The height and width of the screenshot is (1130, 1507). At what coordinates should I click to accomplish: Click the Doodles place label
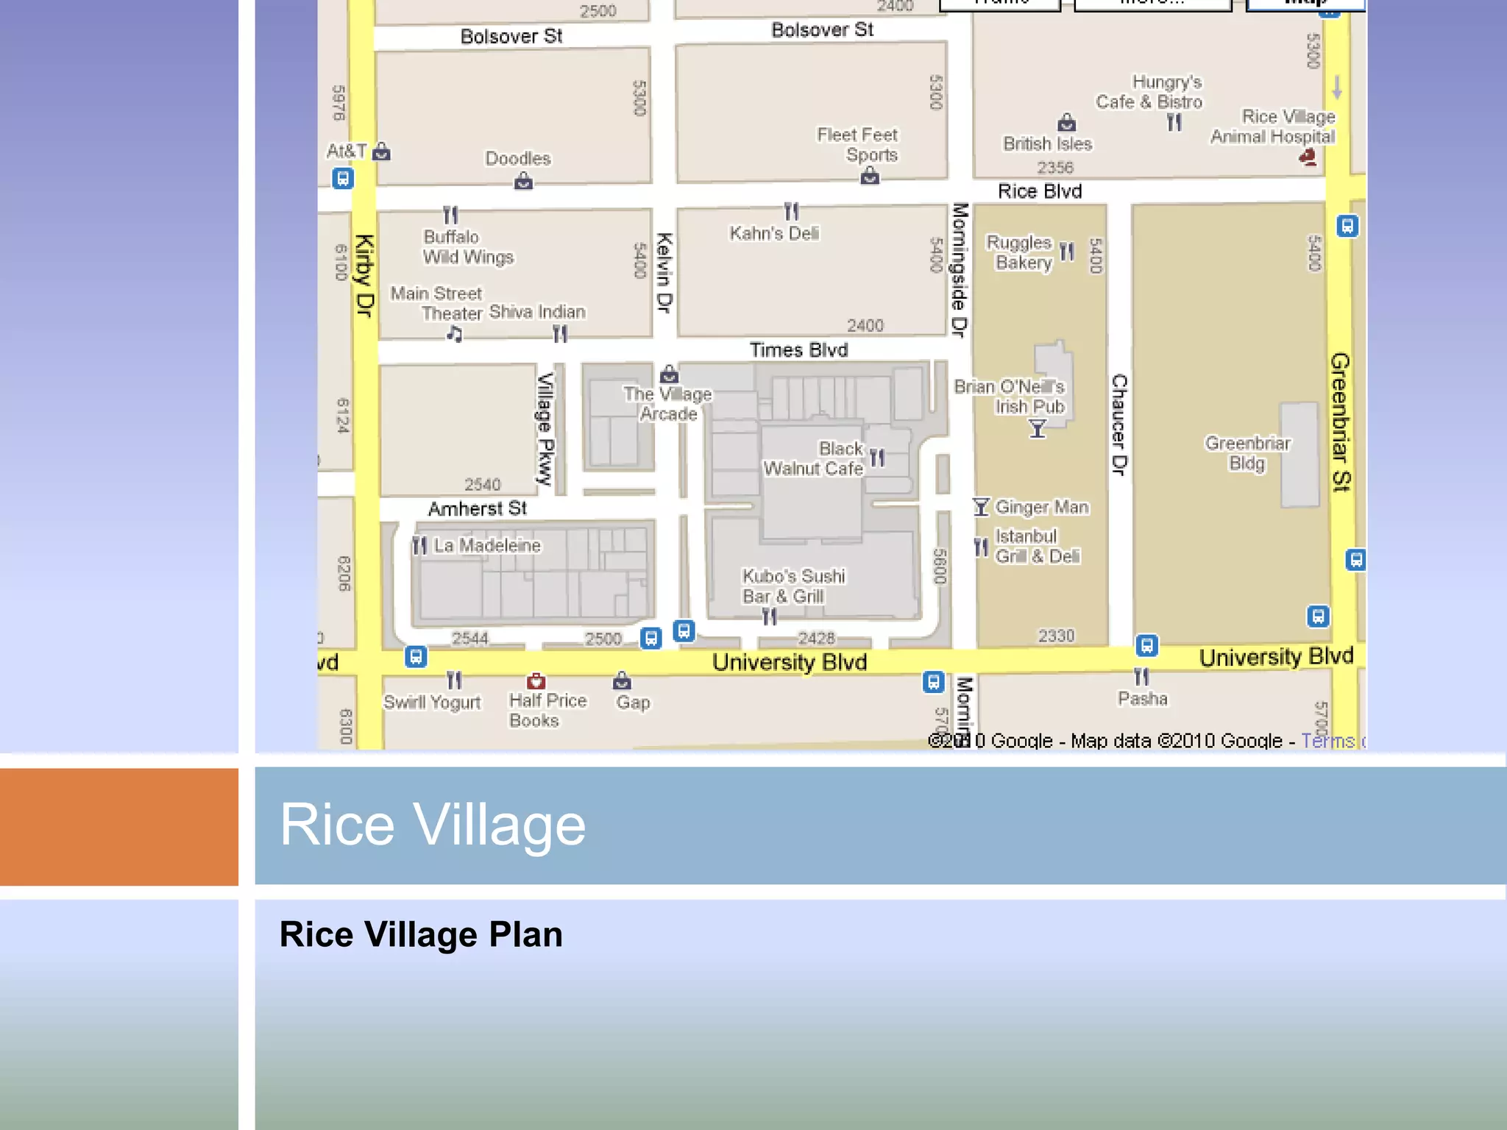point(518,158)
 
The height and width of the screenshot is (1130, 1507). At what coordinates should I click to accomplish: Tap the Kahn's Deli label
point(774,233)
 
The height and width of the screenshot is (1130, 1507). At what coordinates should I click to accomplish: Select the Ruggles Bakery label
point(1021,252)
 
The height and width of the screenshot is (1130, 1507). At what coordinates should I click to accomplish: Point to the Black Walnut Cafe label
point(814,458)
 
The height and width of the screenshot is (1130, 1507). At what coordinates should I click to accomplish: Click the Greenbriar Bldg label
point(1247,453)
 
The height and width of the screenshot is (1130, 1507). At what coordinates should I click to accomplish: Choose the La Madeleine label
point(486,545)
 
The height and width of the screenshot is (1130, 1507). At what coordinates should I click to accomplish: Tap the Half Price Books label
point(547,710)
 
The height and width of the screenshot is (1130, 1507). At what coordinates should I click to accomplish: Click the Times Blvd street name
point(798,350)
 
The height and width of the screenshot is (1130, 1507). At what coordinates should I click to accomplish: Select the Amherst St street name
point(478,508)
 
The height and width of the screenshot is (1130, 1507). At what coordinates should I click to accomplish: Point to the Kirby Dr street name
point(364,276)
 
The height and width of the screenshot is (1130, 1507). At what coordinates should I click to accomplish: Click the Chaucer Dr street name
point(1119,424)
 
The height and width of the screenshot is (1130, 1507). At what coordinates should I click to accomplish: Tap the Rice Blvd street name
point(1040,191)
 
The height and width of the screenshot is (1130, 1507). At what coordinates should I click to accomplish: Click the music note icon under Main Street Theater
point(455,335)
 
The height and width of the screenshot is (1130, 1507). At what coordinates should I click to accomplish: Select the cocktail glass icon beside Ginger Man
point(981,506)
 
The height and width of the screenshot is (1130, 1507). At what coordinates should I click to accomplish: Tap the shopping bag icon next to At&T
point(381,152)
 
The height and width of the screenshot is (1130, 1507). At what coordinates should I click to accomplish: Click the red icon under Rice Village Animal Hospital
point(1308,157)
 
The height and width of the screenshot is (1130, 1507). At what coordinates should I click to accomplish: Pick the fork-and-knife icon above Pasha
point(1141,677)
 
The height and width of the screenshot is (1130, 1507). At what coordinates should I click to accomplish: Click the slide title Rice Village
point(433,825)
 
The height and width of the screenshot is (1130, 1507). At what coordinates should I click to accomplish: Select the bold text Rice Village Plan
point(421,934)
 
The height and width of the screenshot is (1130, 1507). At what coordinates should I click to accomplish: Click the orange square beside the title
point(119,826)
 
